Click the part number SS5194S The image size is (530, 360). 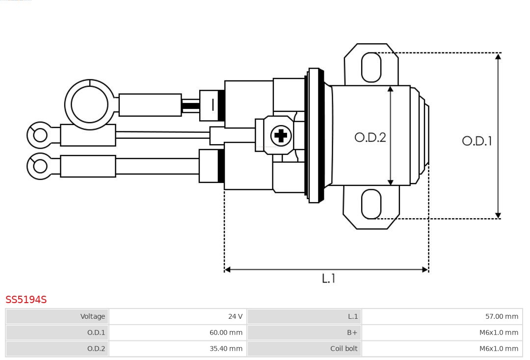click(26, 300)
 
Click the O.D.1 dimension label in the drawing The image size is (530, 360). click(477, 141)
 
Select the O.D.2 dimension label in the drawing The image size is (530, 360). click(370, 137)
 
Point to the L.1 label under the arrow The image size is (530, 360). click(328, 279)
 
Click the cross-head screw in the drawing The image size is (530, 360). click(281, 135)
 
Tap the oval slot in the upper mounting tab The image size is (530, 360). click(371, 67)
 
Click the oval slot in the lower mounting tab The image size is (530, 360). click(371, 204)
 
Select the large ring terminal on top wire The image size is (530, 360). click(89, 104)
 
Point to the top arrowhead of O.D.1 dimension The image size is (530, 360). click(498, 56)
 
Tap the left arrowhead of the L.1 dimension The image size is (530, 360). click(228, 269)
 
